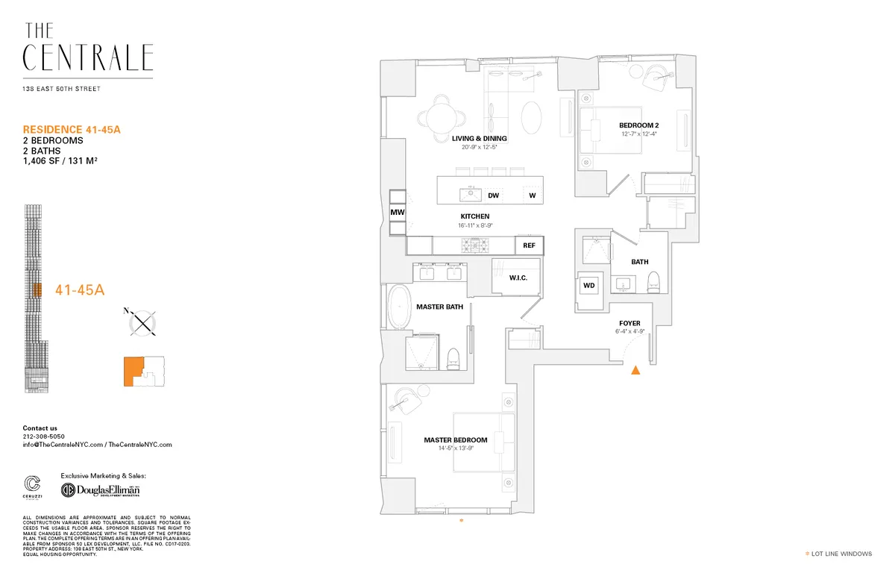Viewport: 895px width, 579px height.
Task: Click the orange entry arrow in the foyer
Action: coord(635,370)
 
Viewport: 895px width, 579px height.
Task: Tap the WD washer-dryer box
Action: coord(589,286)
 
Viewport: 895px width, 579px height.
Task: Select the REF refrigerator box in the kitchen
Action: coord(529,245)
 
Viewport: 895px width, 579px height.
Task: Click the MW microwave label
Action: coord(397,212)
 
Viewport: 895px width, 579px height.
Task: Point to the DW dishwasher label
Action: coord(493,195)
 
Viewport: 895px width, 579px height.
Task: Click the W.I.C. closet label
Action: coord(518,278)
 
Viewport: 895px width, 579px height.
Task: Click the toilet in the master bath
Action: coord(452,359)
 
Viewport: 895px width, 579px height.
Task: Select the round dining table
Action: coord(441,116)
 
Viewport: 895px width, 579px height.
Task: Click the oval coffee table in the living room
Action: coord(532,116)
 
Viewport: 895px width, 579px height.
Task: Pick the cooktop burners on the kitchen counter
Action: coord(471,245)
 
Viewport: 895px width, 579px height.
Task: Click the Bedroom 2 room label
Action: coord(638,125)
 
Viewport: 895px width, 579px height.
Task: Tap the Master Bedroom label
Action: coord(455,439)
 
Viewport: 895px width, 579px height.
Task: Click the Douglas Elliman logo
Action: coord(100,490)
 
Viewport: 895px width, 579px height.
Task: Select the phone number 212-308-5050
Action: coord(44,436)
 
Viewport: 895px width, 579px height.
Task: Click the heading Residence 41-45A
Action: coord(72,129)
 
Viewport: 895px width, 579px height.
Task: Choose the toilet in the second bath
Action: coord(654,282)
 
